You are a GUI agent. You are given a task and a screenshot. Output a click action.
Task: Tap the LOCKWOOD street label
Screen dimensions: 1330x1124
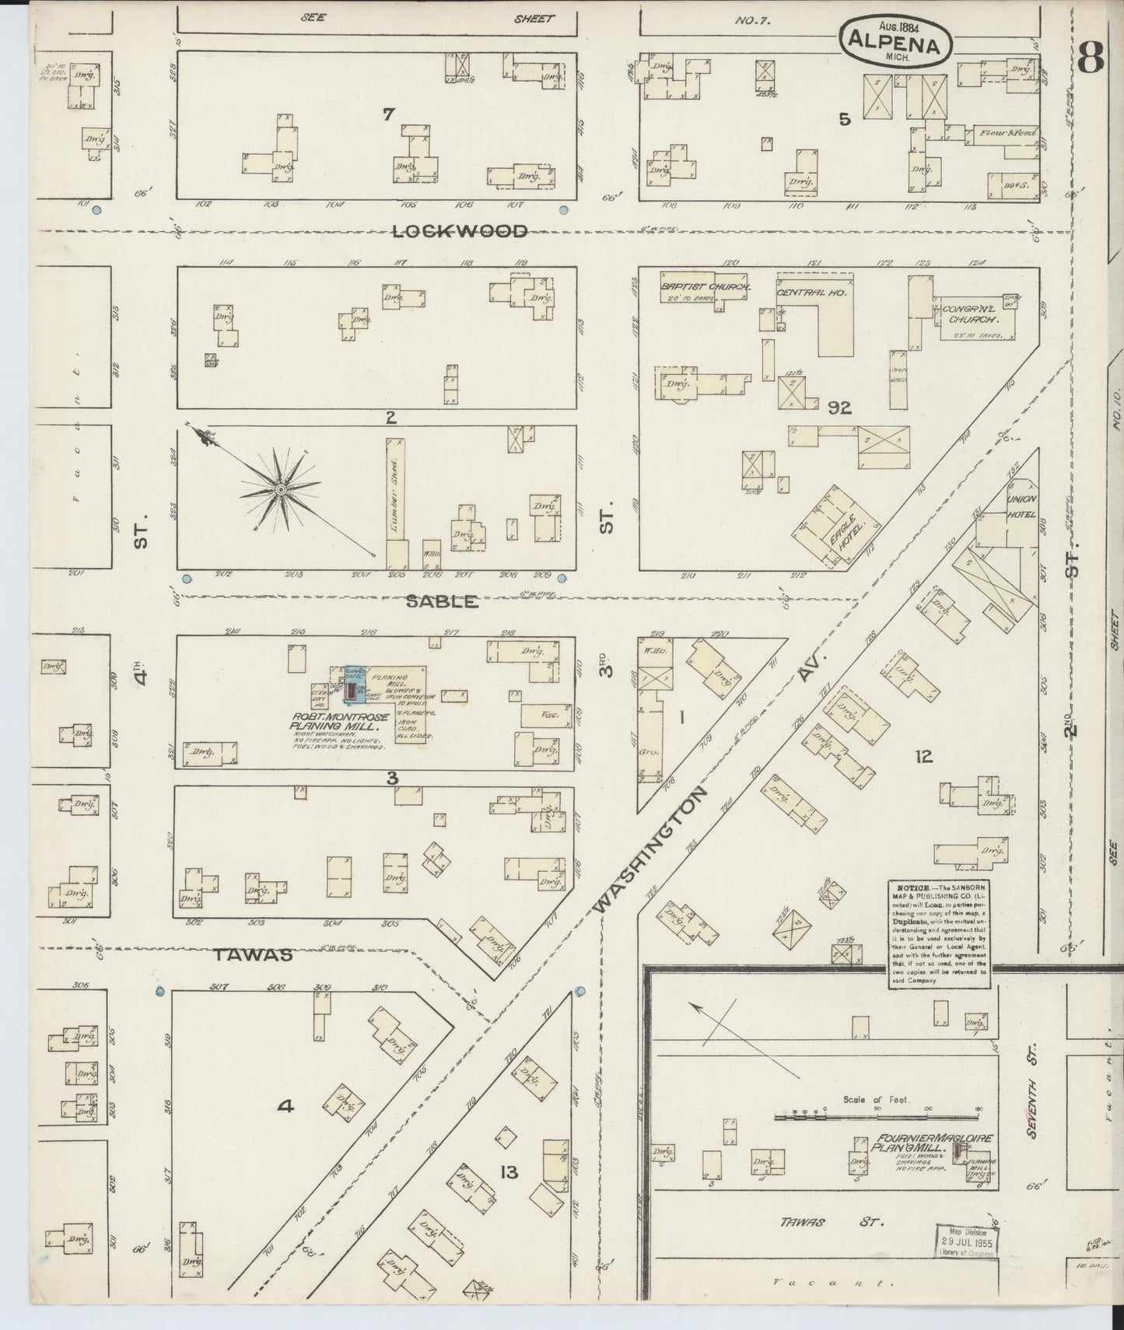pos(460,231)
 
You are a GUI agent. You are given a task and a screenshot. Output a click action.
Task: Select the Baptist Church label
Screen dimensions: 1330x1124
pos(706,287)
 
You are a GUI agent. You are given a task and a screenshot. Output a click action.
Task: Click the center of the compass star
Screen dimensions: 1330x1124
pos(279,489)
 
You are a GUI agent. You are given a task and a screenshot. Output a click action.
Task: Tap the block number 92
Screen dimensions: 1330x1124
pos(840,407)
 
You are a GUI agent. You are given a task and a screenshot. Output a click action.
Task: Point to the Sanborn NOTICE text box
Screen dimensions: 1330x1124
pos(940,934)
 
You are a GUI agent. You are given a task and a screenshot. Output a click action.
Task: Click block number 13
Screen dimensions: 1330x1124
pos(509,1172)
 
